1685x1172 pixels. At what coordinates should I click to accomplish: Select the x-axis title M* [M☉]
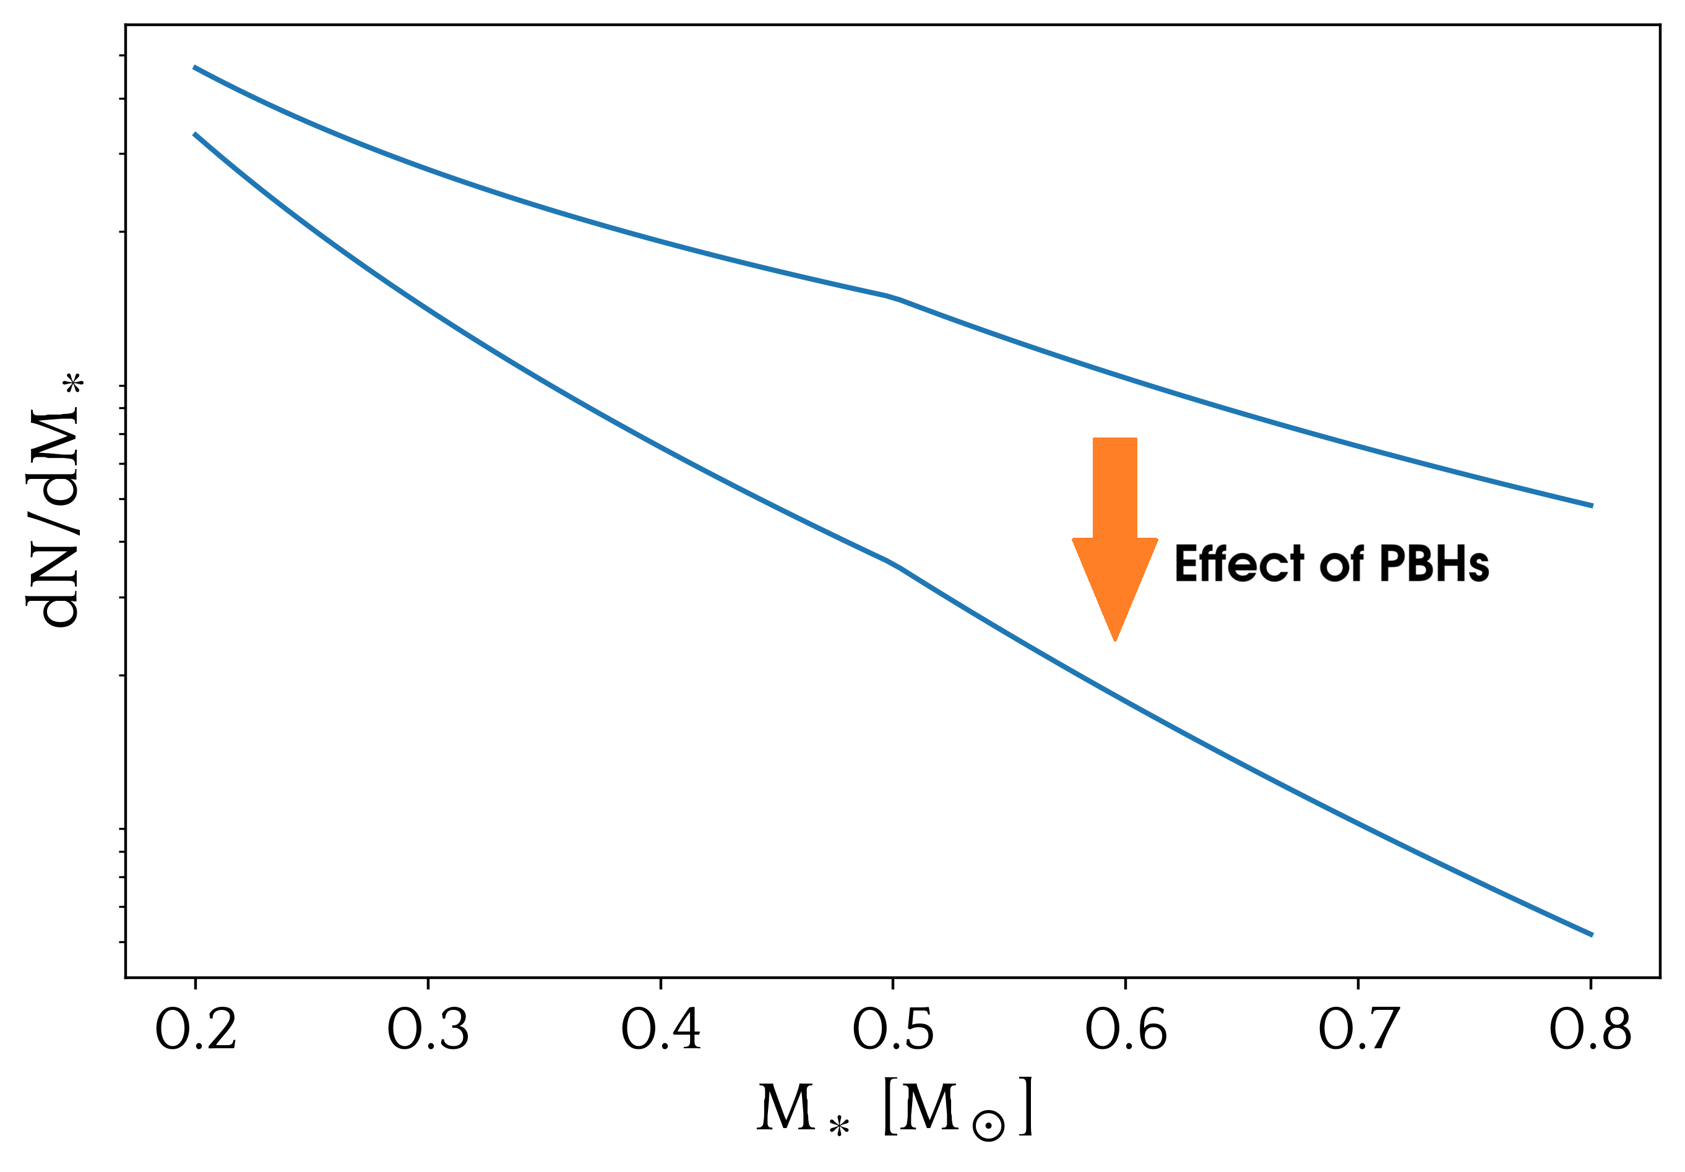(x=894, y=1108)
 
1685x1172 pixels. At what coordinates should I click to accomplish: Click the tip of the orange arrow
(x=1114, y=638)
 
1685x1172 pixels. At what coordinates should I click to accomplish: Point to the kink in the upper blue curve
(x=893, y=297)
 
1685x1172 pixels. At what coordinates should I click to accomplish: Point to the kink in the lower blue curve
(x=893, y=564)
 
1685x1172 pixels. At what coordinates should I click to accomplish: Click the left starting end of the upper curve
(x=195, y=67)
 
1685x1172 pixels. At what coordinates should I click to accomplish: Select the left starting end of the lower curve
(x=195, y=135)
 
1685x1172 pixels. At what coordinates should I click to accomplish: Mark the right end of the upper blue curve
(x=1591, y=506)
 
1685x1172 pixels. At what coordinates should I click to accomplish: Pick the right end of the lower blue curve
(x=1591, y=935)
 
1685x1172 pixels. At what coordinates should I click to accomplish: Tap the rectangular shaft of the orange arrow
(x=1114, y=488)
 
